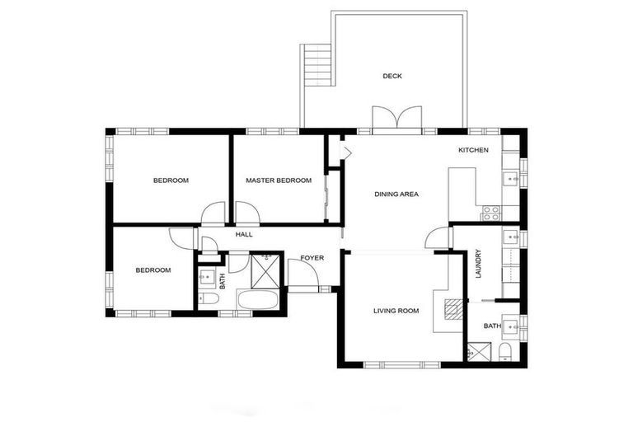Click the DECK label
pyautogui.click(x=392, y=76)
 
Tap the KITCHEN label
pyautogui.click(x=474, y=150)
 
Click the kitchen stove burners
pyautogui.click(x=491, y=213)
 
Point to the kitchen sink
pyautogui.click(x=511, y=176)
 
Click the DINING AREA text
pyautogui.click(x=396, y=195)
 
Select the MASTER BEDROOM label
pyautogui.click(x=279, y=181)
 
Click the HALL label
pyautogui.click(x=244, y=235)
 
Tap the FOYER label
pyautogui.click(x=312, y=258)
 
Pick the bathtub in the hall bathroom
pyautogui.click(x=256, y=298)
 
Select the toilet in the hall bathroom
pyautogui.click(x=210, y=298)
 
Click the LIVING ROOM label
pyautogui.click(x=396, y=311)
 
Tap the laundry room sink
pyautogui.click(x=512, y=238)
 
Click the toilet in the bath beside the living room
pyautogui.click(x=506, y=352)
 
